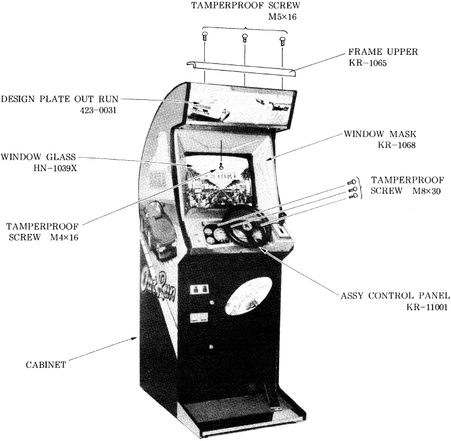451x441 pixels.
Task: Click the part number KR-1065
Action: pos(368,63)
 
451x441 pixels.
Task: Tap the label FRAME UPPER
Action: pos(383,52)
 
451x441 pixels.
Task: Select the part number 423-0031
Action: pos(98,110)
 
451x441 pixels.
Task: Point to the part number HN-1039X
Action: pos(55,168)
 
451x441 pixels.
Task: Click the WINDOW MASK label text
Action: pos(380,133)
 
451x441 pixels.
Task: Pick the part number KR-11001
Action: pos(427,307)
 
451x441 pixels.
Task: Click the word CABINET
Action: pos(46,364)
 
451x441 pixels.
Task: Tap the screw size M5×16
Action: pos(282,16)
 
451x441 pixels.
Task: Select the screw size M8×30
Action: pos(426,191)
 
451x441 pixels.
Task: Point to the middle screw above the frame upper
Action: pos(244,38)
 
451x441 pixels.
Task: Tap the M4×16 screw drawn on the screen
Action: pos(221,166)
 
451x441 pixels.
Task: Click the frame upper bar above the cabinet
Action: pos(241,69)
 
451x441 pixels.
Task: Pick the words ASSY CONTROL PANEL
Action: pos(395,295)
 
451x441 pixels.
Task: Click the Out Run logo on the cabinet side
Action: pos(159,284)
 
